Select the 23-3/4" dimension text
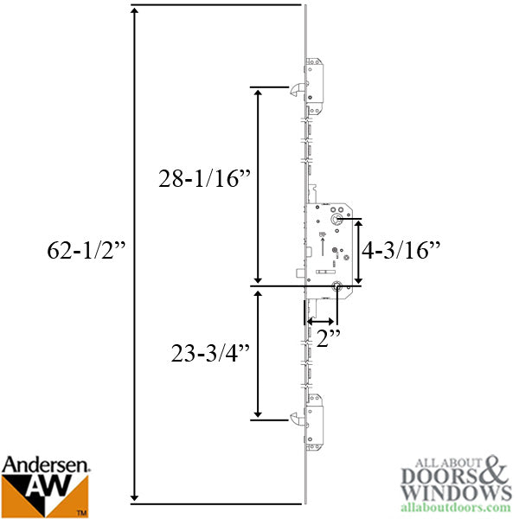pos(208,353)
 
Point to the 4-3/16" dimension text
pos(400,252)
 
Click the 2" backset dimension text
pos(326,340)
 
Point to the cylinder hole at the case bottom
pos(335,288)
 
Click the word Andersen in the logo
pos(46,465)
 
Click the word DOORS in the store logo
pos(440,477)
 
